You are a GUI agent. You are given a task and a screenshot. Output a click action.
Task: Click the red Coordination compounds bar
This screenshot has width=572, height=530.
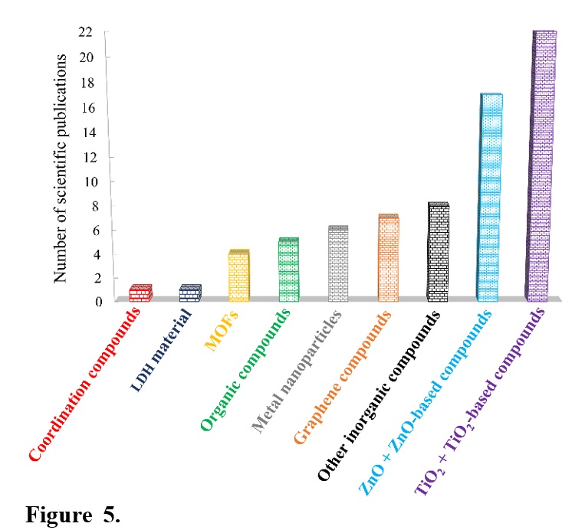140,293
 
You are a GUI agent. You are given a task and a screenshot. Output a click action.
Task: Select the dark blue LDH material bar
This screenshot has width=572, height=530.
189,293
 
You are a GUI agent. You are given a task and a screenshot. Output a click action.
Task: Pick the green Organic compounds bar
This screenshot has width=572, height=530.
288,270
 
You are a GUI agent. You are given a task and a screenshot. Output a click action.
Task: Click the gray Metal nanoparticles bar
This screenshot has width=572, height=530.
337,264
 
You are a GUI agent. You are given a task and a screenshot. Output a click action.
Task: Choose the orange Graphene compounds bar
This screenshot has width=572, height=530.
387,258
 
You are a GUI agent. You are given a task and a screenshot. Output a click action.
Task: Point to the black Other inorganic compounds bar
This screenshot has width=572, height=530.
437,252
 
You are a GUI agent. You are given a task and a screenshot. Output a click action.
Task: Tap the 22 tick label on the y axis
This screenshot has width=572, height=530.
85,32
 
